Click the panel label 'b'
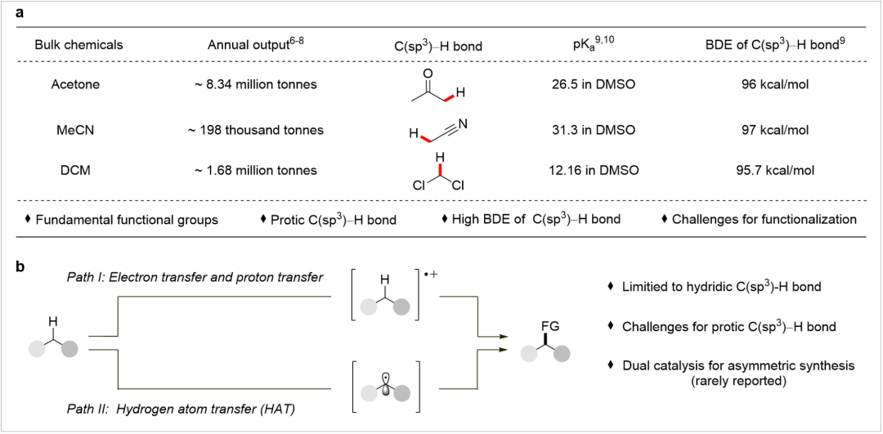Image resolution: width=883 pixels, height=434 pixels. (16, 266)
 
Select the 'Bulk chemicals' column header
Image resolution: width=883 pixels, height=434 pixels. (78, 45)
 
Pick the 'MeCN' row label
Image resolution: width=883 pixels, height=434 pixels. (78, 130)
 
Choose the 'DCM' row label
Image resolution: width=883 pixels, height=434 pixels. (78, 171)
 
